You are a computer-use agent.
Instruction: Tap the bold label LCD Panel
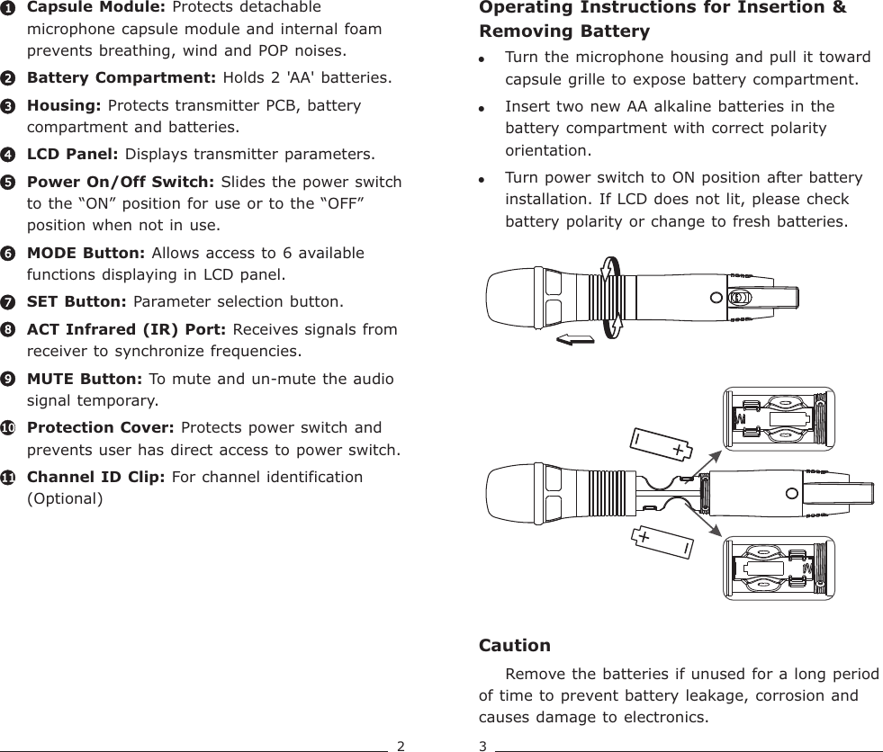pos(74,154)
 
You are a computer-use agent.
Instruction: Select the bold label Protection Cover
pos(102,427)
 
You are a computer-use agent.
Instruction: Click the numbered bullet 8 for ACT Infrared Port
pos(7,330)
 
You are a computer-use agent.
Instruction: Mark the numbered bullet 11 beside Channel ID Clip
pos(7,477)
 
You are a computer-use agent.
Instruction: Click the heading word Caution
pos(514,646)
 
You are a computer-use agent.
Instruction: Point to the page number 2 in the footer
pos(401,745)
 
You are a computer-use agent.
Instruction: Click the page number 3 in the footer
pos(482,745)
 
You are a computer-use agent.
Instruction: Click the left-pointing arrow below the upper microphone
pos(575,338)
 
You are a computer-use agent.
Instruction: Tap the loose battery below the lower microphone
pos(664,542)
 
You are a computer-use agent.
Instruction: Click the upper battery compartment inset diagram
pos(779,419)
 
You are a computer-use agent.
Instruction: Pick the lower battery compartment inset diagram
pos(779,568)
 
